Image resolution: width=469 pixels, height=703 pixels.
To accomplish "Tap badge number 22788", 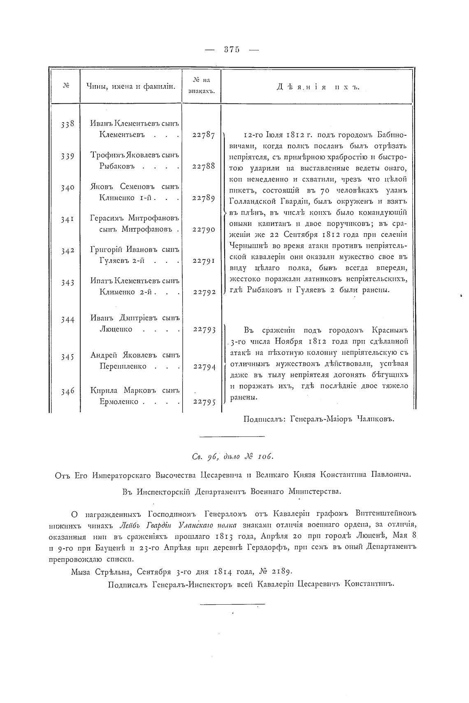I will [204, 167].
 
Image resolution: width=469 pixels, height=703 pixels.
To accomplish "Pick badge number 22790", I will [204, 230].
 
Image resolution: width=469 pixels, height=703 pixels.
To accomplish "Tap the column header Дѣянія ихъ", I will [316, 87].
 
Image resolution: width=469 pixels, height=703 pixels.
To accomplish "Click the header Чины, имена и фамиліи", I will [131, 86].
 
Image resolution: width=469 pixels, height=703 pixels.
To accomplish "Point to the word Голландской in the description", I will [253, 201].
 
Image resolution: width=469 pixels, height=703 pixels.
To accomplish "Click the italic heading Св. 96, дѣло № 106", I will [232, 457].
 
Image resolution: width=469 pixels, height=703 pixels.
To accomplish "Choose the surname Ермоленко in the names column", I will [118, 401].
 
